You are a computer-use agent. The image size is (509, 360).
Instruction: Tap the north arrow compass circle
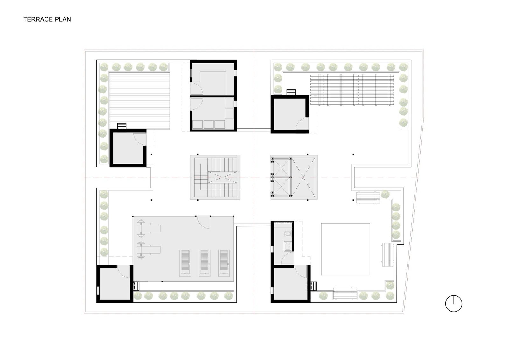point(454,304)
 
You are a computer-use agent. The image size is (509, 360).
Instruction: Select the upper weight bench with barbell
point(149,228)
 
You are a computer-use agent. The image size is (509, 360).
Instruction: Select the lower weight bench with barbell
point(149,250)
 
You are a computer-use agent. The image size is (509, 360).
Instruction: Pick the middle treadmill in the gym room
point(205,263)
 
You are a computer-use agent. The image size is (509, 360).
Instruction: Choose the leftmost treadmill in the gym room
point(185,263)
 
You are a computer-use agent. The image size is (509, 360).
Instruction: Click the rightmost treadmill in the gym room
point(224,263)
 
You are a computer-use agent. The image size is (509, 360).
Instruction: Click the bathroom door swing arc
point(287,259)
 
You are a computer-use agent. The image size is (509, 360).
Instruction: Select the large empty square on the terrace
point(345,249)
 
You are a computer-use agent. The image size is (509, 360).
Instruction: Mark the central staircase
point(215,177)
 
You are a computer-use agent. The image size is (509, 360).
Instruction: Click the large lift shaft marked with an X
point(303,177)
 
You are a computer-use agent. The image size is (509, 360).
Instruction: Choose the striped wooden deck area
point(140,101)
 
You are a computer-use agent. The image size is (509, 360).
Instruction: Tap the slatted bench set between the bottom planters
point(345,293)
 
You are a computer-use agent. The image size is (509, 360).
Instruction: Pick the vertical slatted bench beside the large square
point(388,254)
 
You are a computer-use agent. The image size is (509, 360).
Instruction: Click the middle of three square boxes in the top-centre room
point(209,124)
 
